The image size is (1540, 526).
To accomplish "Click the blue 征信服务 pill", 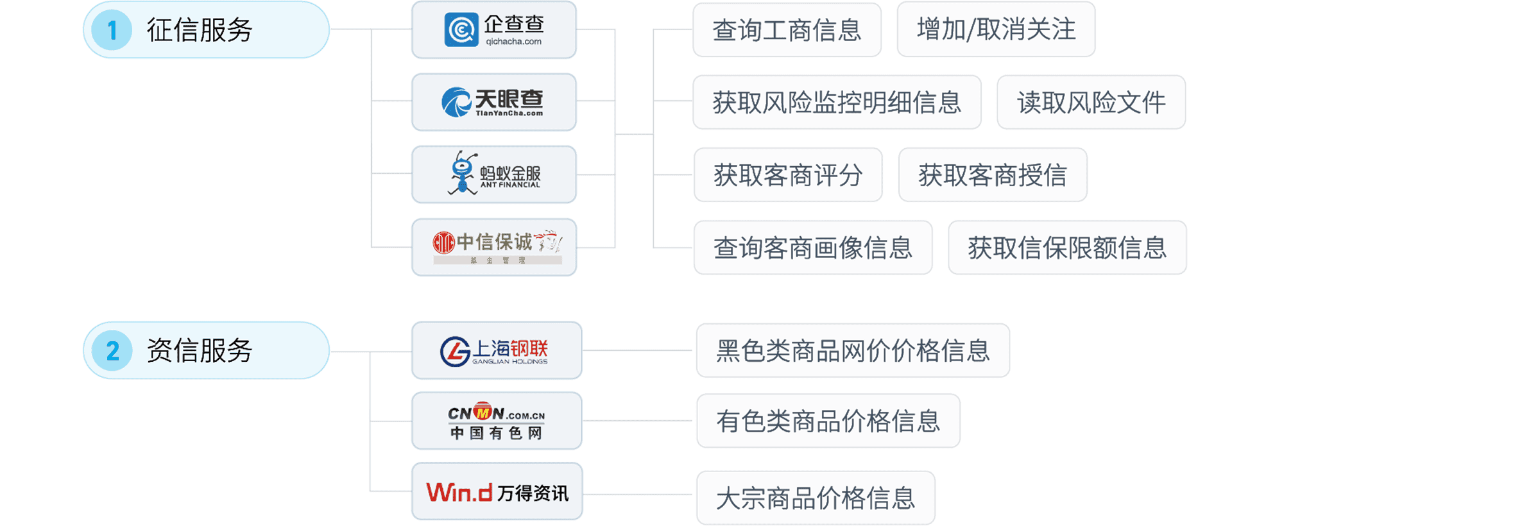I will (x=206, y=30).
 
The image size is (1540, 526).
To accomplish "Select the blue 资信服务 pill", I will (x=206, y=350).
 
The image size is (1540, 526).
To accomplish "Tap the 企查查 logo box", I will (x=494, y=30).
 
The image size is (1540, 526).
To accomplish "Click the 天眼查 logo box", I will (x=494, y=102).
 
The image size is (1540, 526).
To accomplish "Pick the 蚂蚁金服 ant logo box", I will (x=494, y=174).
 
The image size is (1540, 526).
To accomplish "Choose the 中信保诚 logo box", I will (x=494, y=247).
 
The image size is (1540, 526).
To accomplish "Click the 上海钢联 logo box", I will (x=497, y=350).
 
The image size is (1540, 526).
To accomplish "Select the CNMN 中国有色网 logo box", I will (x=497, y=421).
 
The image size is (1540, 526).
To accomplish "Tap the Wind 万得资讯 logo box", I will (x=497, y=491).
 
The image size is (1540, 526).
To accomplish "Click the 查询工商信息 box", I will (x=787, y=30).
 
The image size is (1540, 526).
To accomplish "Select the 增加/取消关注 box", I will (x=996, y=30).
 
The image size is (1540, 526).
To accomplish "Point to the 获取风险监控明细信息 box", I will (x=837, y=103).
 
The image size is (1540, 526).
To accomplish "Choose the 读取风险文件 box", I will (x=1091, y=103).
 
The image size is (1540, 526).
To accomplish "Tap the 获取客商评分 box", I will (x=788, y=175).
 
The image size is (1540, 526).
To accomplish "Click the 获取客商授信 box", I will (x=993, y=175).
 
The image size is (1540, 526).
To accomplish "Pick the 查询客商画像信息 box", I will (x=813, y=248).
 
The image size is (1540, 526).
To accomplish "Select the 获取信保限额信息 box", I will (x=1067, y=248).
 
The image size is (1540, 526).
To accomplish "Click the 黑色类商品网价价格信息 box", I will (x=853, y=350).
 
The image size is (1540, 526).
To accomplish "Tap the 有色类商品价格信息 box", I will (x=828, y=421).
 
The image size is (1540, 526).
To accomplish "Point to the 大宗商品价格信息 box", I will (x=816, y=498).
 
